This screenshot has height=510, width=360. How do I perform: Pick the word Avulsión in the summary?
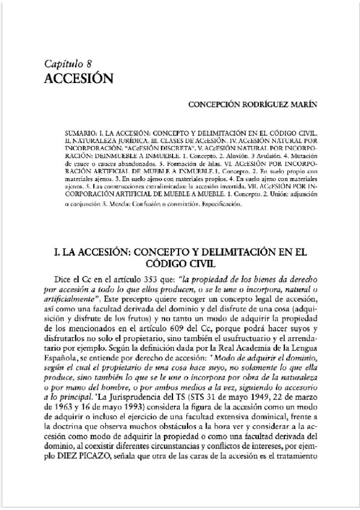coord(252,155)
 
